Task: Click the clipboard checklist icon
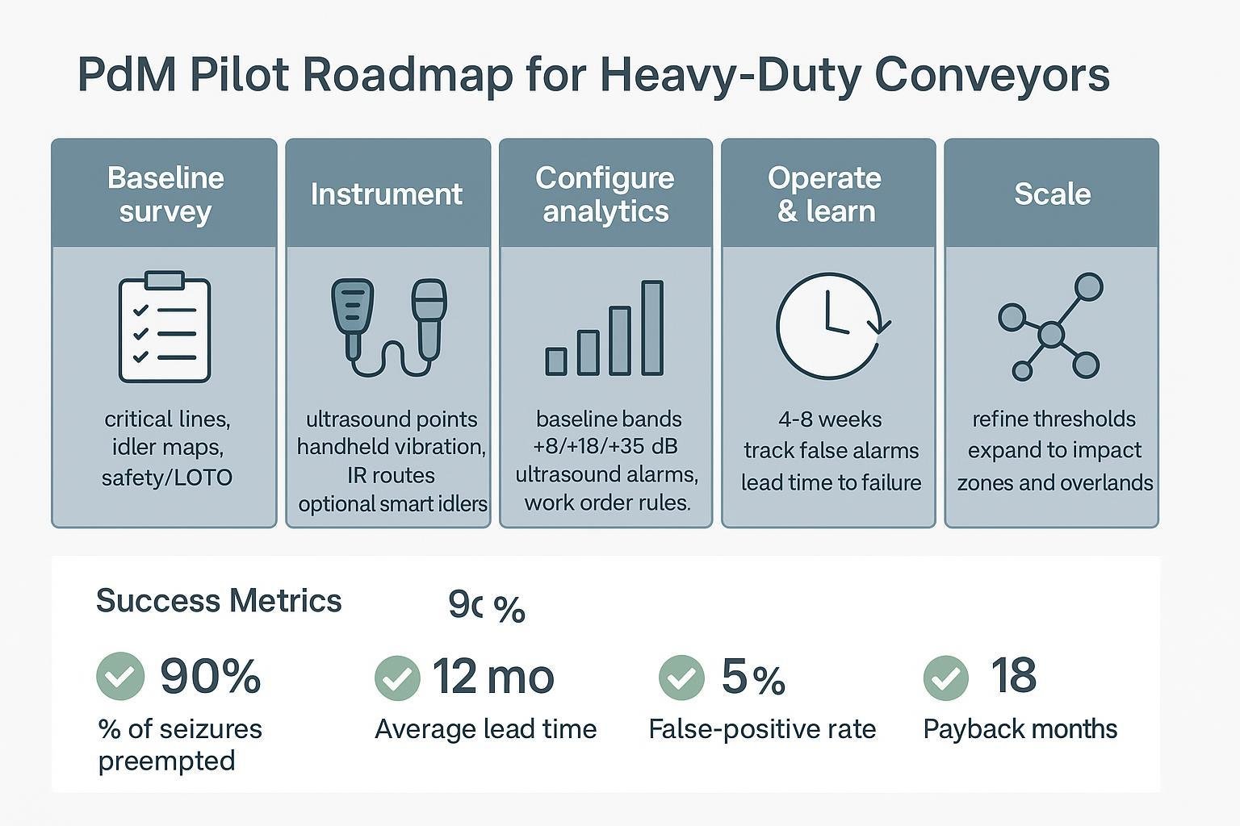[x=165, y=327]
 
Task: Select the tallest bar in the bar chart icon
[x=652, y=327]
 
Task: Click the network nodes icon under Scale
[x=1050, y=327]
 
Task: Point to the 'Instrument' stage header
[x=387, y=194]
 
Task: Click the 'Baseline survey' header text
[x=165, y=194]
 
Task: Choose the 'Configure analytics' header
[x=605, y=194]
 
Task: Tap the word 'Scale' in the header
[x=1052, y=194]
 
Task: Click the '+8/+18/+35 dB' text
[x=605, y=446]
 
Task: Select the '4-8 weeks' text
[x=830, y=419]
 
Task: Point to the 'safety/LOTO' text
[x=167, y=478]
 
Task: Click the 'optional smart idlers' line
[x=393, y=504]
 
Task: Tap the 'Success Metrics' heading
[x=219, y=601]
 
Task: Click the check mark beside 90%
[x=120, y=676]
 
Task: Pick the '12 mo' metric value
[x=493, y=676]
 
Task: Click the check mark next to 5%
[x=681, y=677]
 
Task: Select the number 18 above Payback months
[x=1013, y=675]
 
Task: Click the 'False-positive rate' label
[x=762, y=729]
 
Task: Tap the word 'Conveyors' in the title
[x=992, y=75]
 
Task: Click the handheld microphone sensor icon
[x=429, y=319]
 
